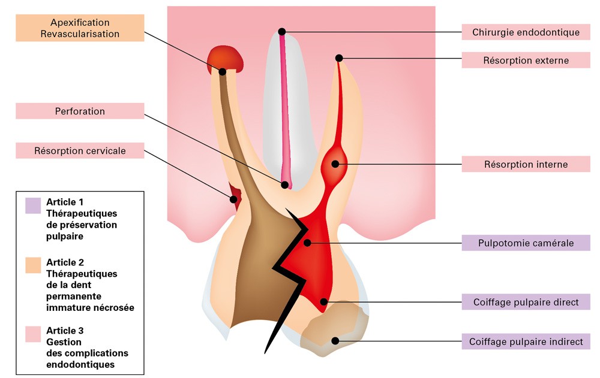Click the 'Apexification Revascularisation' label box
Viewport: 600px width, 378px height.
coord(80,28)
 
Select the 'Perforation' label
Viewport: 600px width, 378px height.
coord(80,111)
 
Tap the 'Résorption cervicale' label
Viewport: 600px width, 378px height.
coord(80,150)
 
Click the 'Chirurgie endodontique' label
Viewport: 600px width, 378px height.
coord(526,32)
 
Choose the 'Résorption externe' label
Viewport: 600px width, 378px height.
coord(526,60)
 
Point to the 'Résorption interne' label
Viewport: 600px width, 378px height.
coord(526,164)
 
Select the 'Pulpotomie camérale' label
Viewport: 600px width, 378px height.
coord(526,243)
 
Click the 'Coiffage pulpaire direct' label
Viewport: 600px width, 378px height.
coord(526,301)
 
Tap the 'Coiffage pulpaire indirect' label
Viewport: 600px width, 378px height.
coord(526,341)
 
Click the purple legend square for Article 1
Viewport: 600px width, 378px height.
coord(32,205)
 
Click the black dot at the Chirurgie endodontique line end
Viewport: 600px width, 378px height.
coord(282,31)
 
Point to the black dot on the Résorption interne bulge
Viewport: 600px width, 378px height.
coord(334,163)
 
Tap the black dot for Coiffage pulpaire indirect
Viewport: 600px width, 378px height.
coord(335,341)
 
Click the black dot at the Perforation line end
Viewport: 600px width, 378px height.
coord(286,185)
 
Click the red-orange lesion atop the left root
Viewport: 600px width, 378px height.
coord(226,58)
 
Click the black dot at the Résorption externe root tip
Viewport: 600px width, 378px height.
coord(339,58)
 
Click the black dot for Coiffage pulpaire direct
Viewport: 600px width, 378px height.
coord(323,301)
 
